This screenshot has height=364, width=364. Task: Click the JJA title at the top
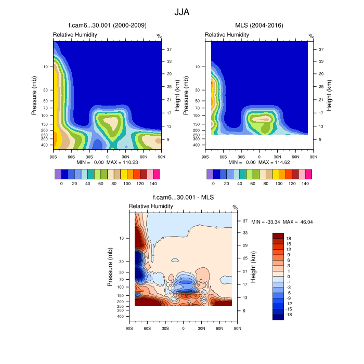(182, 11)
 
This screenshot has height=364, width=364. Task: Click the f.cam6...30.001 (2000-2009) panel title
(107, 25)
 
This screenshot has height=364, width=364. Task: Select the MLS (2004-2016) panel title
(258, 25)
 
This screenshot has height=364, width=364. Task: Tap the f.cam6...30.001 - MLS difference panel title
(183, 198)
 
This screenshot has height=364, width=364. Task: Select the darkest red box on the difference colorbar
(279, 236)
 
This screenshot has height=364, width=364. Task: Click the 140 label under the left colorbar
(153, 184)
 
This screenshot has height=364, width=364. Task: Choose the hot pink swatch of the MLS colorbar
(308, 174)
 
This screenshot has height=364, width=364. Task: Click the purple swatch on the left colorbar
(58, 174)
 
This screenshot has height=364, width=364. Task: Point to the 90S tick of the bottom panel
(129, 328)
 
